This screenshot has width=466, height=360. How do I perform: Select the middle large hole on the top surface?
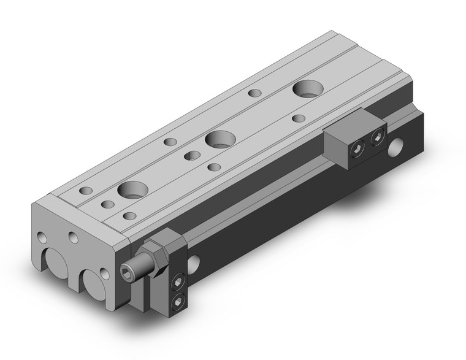click(x=218, y=139)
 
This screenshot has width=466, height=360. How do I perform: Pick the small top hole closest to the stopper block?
click(x=299, y=118)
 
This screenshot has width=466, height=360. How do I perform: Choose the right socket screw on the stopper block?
click(x=375, y=140)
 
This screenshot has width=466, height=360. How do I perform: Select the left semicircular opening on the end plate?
click(x=56, y=261)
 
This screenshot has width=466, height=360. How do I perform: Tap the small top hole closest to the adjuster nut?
click(x=130, y=216)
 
